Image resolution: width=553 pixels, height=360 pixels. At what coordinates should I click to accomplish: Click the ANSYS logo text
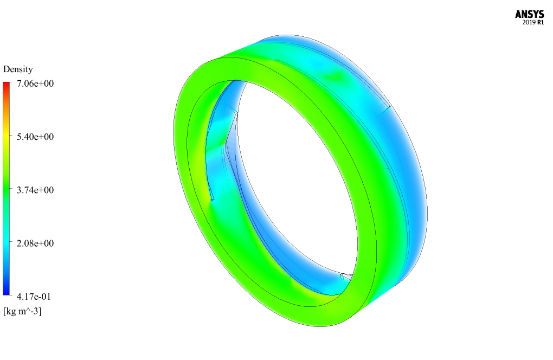click(x=529, y=14)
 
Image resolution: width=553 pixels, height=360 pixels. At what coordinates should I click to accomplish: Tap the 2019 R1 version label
click(x=533, y=23)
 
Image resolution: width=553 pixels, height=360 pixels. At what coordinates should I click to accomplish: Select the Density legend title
click(x=18, y=69)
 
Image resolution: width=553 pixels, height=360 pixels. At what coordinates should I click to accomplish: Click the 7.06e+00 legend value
click(x=35, y=83)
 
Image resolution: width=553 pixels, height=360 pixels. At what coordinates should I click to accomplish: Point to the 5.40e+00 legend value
click(x=35, y=137)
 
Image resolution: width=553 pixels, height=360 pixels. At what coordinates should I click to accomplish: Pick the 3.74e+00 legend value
click(x=35, y=190)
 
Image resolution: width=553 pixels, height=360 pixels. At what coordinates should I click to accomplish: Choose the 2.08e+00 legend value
click(x=35, y=243)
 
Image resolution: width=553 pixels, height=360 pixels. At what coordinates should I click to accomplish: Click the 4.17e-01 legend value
click(x=34, y=297)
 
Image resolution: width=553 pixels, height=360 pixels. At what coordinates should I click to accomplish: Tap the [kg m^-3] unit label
click(x=22, y=311)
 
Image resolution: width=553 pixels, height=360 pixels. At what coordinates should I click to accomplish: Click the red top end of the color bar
click(x=7, y=85)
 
